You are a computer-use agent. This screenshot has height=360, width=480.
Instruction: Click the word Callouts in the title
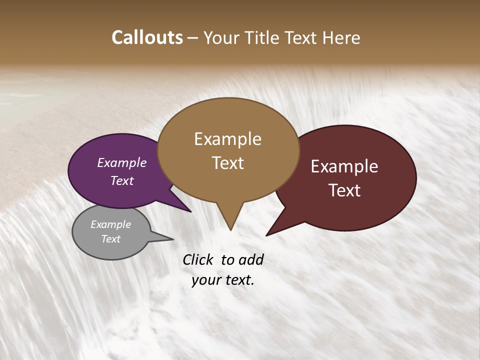pyautogui.click(x=147, y=37)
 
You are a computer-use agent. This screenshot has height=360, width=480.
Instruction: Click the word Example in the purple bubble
pyautogui.click(x=121, y=162)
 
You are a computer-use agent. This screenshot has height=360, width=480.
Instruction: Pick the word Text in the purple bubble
pyautogui.click(x=121, y=180)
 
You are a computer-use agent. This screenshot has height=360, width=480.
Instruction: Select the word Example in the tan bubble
pyautogui.click(x=227, y=139)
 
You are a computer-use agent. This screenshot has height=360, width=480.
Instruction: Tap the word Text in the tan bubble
pyautogui.click(x=227, y=163)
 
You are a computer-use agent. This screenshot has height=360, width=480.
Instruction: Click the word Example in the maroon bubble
pyautogui.click(x=344, y=166)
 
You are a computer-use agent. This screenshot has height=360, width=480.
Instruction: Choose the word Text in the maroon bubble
pyautogui.click(x=345, y=190)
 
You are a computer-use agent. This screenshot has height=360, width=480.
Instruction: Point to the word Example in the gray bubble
pyautogui.click(x=110, y=224)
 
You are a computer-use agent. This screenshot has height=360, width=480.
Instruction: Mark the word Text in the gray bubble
pyautogui.click(x=110, y=239)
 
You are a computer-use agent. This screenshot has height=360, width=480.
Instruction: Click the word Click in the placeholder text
pyautogui.click(x=198, y=259)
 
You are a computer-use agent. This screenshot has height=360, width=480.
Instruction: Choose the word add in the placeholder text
pyautogui.click(x=251, y=259)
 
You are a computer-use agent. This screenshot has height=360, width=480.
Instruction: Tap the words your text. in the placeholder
pyautogui.click(x=223, y=280)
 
